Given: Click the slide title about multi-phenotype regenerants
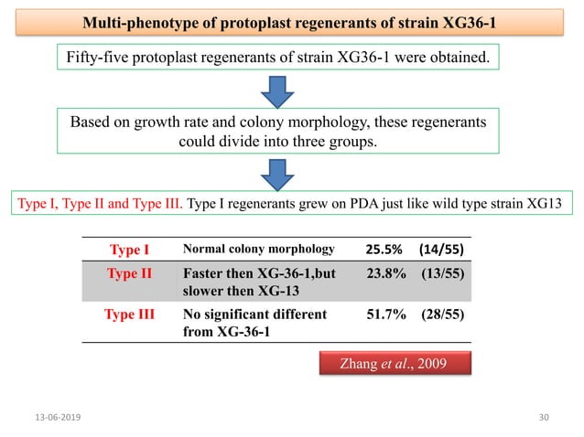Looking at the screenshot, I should [293, 21].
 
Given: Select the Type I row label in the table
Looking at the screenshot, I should [129, 249].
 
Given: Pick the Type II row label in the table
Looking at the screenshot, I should [129, 273].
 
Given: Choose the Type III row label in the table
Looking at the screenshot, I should [129, 314].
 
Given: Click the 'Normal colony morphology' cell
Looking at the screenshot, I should [258, 249].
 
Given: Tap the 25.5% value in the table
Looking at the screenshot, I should [384, 249].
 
